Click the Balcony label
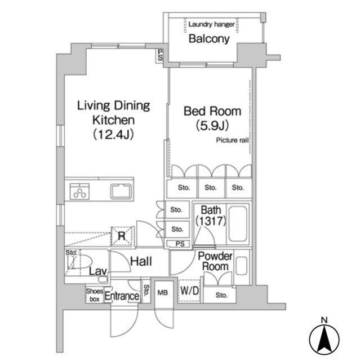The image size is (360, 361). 209,39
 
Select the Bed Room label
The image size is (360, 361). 212,111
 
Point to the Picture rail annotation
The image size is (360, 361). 232,140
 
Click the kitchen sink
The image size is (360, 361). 121,191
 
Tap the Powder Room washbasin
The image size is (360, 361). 241,265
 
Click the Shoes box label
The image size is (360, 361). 93,295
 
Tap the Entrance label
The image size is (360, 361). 122,296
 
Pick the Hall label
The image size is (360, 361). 140,261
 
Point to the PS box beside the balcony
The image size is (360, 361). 161,55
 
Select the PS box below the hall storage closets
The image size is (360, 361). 180,244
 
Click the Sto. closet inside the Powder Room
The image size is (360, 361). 221,294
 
